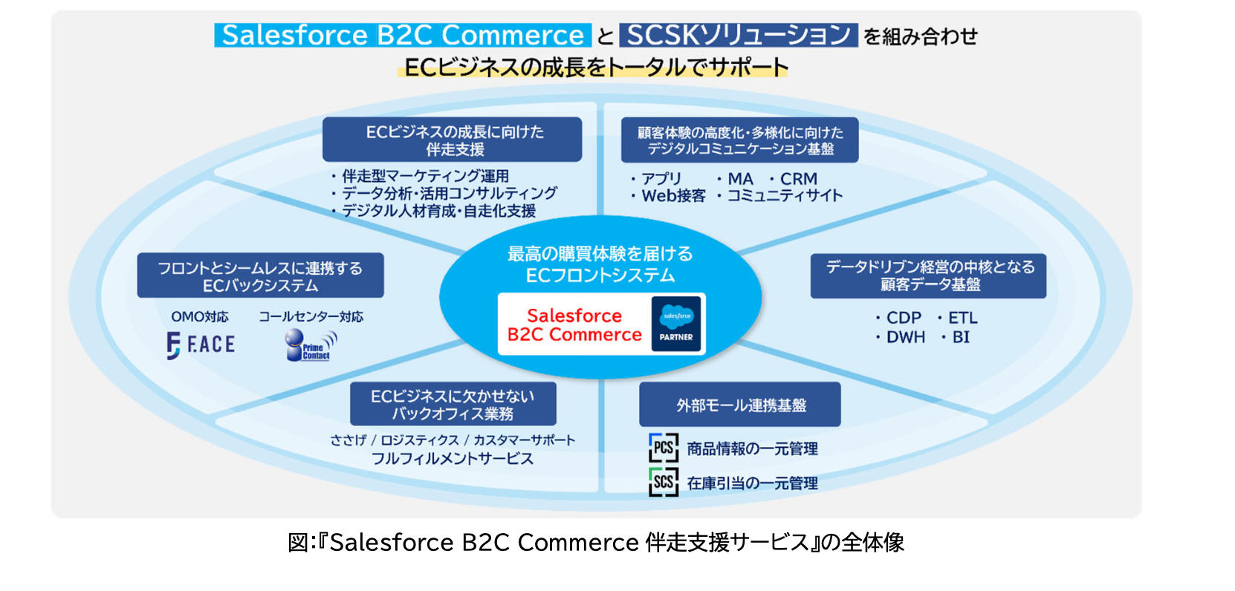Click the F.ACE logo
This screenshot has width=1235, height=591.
pos(201,345)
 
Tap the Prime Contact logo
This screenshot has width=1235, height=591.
pos(311,345)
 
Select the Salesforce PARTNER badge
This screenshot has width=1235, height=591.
pos(676,324)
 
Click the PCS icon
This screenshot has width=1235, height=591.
pos(664,448)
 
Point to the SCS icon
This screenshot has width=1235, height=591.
pos(664,482)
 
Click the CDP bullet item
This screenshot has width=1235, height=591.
pos(898,318)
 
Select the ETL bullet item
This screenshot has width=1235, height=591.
pos(957,318)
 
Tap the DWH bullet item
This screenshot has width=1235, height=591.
pos(901,337)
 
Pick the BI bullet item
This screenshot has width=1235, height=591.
pos(955,337)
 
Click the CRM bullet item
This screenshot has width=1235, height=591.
pos(794,179)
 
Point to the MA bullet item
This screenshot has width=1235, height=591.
pos(735,179)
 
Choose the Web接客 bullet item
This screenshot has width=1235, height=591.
pos(668,195)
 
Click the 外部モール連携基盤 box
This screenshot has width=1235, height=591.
pos(740,405)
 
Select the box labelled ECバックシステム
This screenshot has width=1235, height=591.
pos(260,275)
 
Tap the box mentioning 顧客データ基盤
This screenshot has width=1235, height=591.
pos(928,275)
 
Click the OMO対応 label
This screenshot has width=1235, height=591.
pos(200,317)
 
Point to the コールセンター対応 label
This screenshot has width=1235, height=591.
pos(311,317)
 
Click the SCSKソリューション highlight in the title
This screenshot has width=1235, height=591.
pos(739,35)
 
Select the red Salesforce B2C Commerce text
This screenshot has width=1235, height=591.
pos(574,325)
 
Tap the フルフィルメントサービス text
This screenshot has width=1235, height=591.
pos(453,458)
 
